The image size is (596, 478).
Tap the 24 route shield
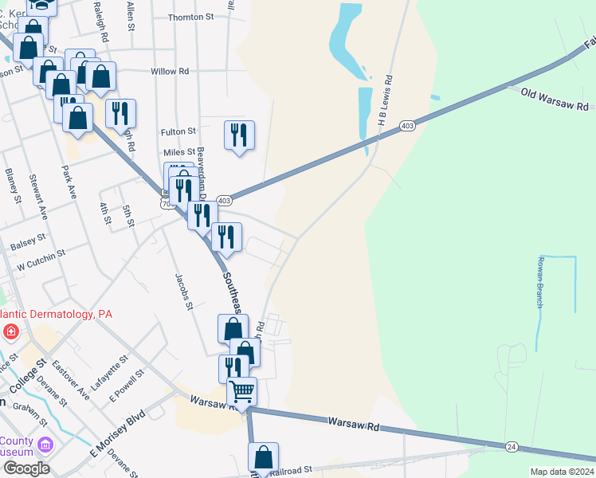point(511,447)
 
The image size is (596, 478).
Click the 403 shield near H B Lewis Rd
point(407,126)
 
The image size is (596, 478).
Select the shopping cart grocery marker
point(241,392)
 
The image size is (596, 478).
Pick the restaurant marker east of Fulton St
point(239,135)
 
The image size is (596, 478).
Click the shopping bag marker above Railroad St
point(263,457)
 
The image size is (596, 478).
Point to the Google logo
point(26,468)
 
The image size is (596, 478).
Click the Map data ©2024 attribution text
point(561,472)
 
